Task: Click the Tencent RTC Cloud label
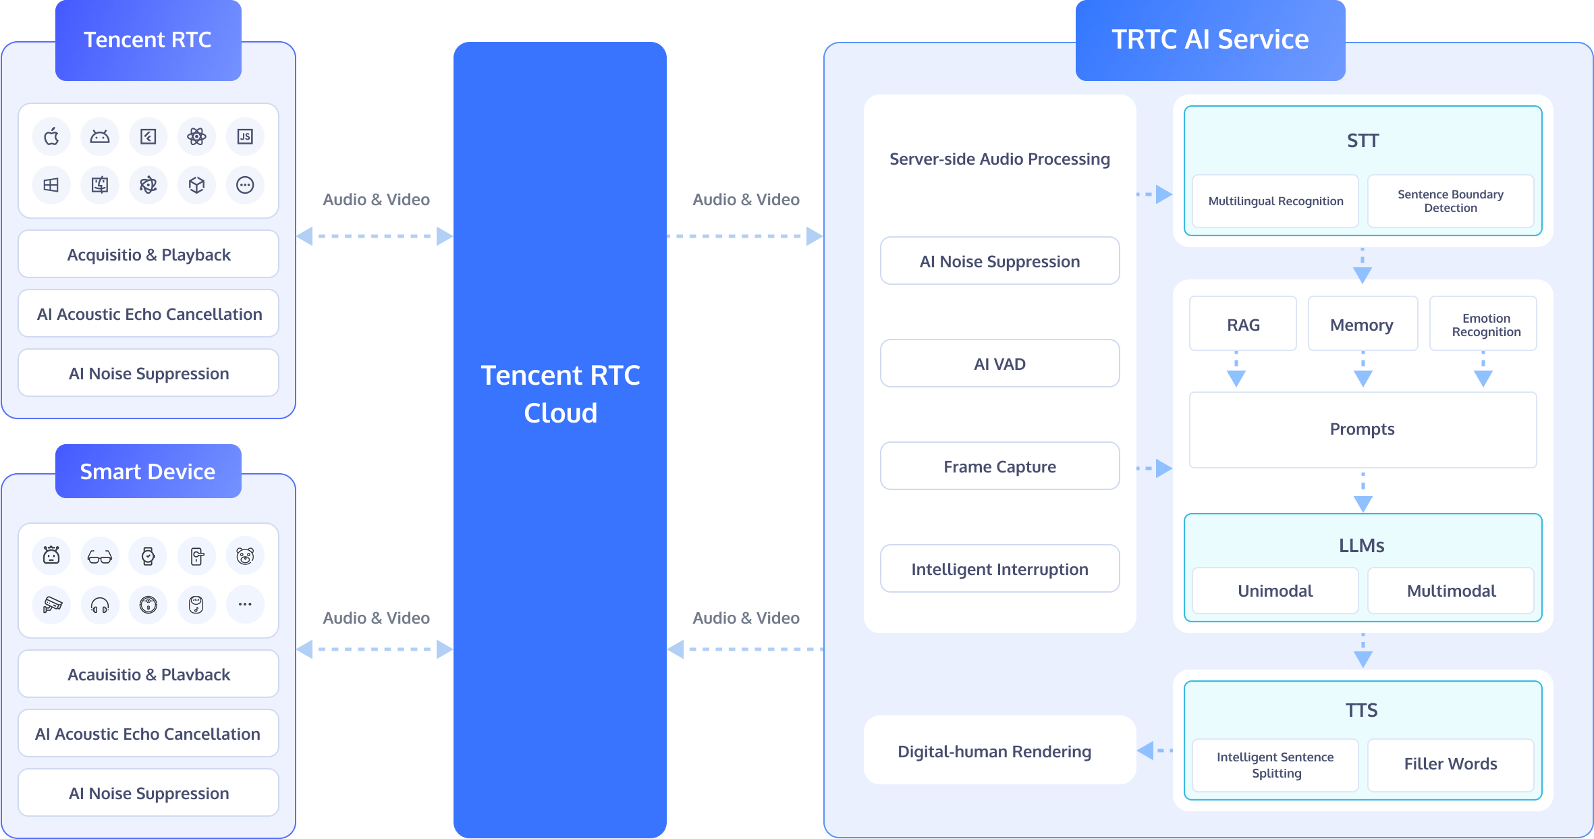click(x=560, y=394)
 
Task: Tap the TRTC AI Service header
click(x=1210, y=40)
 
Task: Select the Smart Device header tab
click(x=148, y=471)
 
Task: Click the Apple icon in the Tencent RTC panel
click(x=51, y=137)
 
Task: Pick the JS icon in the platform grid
click(x=245, y=137)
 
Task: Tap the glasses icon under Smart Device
click(x=100, y=557)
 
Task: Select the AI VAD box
click(x=999, y=364)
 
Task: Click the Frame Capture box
click(x=999, y=466)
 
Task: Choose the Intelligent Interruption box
click(x=999, y=569)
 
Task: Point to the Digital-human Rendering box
click(x=994, y=751)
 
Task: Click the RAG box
click(x=1242, y=325)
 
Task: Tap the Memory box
click(x=1362, y=325)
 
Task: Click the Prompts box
click(x=1362, y=429)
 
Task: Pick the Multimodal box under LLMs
click(x=1451, y=591)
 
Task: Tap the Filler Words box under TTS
click(x=1450, y=764)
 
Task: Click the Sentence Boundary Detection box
click(x=1450, y=201)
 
